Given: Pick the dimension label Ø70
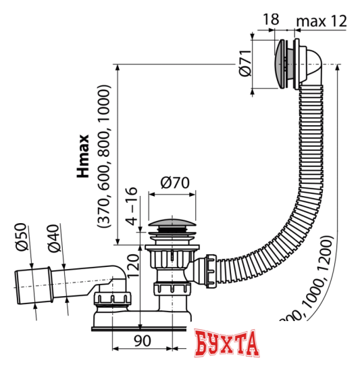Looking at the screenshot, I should [x=174, y=181].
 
